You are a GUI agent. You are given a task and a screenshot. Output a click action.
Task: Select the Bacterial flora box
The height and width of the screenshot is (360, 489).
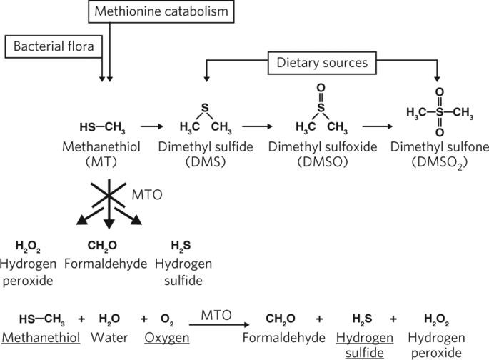point(54,48)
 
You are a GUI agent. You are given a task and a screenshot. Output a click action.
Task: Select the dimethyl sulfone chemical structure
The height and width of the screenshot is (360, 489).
point(440,112)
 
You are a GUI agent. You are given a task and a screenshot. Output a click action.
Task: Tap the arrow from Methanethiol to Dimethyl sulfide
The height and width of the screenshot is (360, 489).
point(153,126)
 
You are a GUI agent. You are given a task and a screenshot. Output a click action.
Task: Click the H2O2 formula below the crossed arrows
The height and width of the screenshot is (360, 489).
point(29,246)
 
